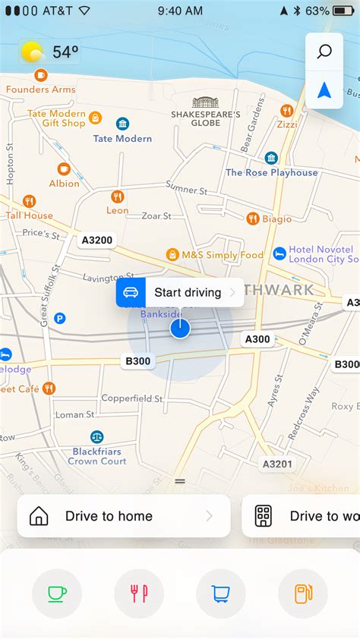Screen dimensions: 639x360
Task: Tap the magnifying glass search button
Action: coord(324,52)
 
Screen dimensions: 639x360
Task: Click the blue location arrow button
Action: coord(324,90)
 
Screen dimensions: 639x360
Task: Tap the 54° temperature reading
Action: coord(65,52)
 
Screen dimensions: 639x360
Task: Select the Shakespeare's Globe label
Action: coord(205,118)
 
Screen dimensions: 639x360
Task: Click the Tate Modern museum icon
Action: coord(122,123)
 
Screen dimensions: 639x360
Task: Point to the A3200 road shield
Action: coord(96,241)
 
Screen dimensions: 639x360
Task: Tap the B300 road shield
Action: coord(137,361)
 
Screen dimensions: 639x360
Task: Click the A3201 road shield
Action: coord(277,464)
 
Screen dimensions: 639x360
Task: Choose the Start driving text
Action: coord(188,292)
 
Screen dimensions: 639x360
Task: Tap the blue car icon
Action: coord(131,292)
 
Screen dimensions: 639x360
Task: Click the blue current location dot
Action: coord(180,328)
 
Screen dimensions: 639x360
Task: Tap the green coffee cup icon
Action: coord(57,593)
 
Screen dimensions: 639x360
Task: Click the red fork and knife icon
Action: coord(139,593)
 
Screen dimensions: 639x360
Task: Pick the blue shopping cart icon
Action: coord(221,593)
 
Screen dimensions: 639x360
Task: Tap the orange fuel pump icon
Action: coord(303,593)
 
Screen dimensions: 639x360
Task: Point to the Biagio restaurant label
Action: coord(277,219)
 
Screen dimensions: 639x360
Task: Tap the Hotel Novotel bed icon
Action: coord(279,253)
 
